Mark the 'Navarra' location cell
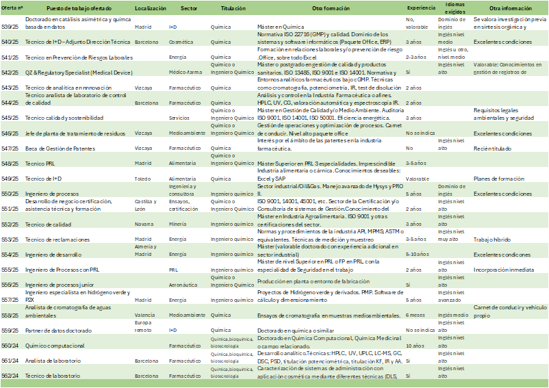click(144, 224)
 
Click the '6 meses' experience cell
click(415, 315)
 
